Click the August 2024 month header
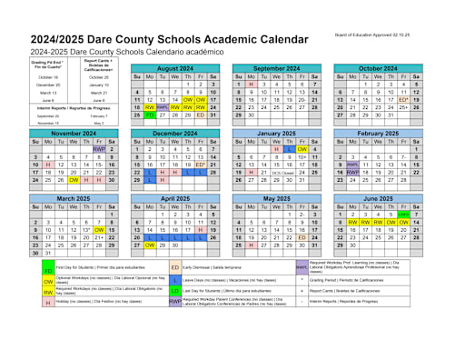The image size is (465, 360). click(174, 68)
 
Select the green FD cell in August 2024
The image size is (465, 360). click(149, 115)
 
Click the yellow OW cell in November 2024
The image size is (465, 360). click(74, 179)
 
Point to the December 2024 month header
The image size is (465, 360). click(174, 133)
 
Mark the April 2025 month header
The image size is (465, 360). click(174, 197)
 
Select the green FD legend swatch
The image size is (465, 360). click(48, 270)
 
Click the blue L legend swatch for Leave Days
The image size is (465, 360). click(175, 280)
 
